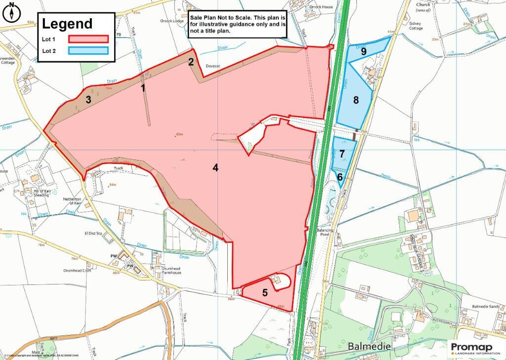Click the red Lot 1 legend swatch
click(88, 39)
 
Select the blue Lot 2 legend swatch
click(88, 51)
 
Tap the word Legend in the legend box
click(67, 24)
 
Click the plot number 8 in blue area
click(355, 100)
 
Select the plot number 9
click(363, 51)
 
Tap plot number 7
click(342, 154)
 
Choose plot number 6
click(340, 176)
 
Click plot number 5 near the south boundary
click(265, 292)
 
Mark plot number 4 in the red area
click(215, 167)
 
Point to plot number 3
click(88, 99)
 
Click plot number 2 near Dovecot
click(190, 62)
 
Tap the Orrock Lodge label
click(172, 21)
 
